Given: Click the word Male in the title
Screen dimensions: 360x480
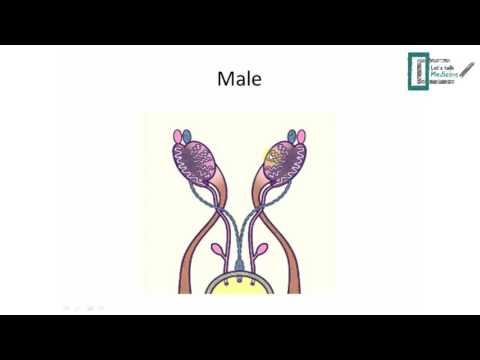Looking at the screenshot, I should [239, 79].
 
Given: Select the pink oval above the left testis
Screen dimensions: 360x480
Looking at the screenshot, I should [178, 136].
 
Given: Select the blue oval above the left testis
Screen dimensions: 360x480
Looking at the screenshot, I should [191, 134].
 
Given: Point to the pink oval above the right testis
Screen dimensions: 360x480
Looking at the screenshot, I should [304, 136].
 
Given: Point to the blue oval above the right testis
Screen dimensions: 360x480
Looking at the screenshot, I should [292, 135].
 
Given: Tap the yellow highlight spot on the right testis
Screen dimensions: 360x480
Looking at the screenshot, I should [271, 156].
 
